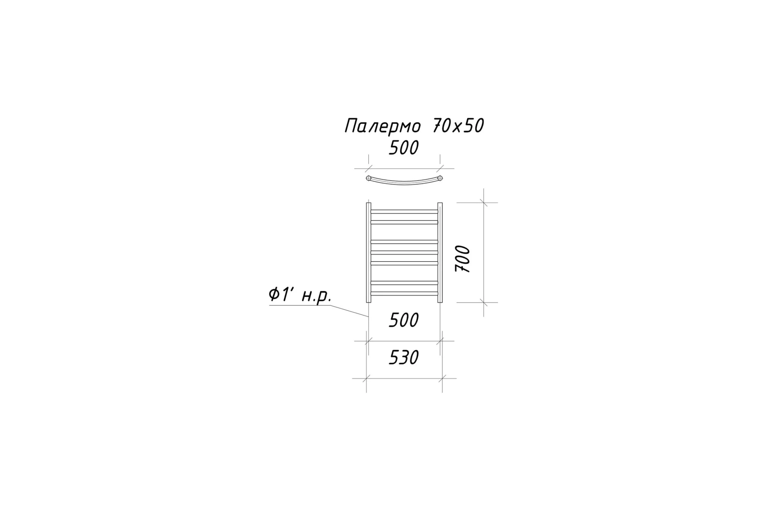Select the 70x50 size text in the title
tap(458, 126)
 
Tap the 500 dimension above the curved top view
tap(404, 148)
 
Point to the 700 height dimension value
tap(462, 259)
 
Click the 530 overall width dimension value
tap(404, 357)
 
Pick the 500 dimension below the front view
tap(404, 320)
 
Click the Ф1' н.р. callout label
tap(300, 296)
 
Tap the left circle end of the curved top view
tap(368, 178)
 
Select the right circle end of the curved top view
tap(440, 178)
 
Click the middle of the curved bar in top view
tap(404, 183)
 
